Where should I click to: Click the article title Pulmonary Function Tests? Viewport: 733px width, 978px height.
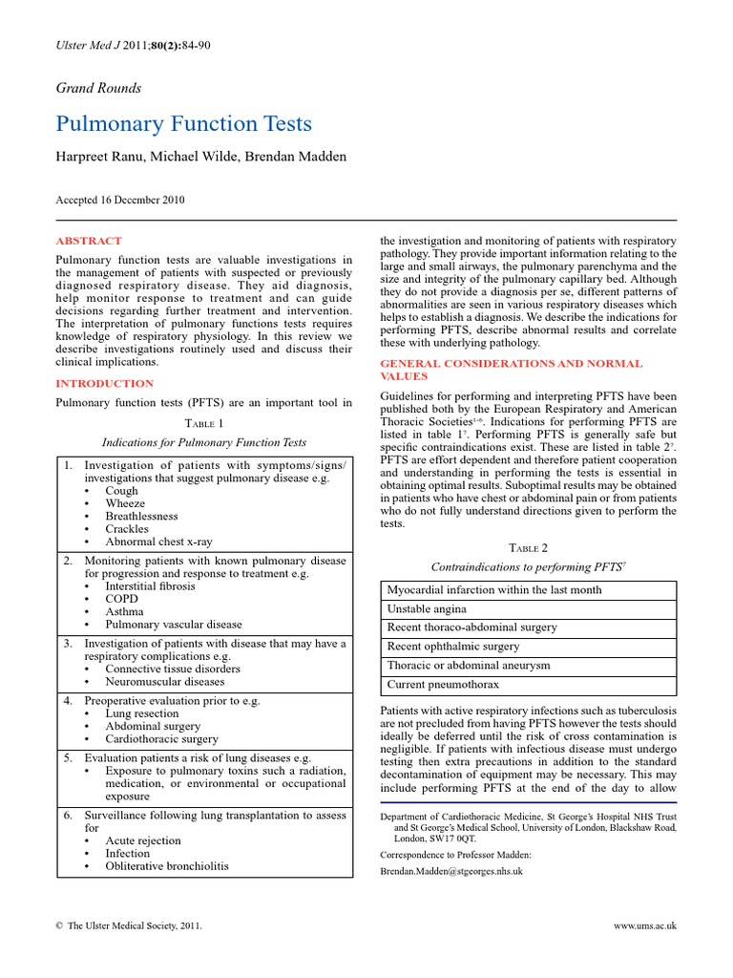pos(184,124)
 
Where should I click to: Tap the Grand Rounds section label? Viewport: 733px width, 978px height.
pos(99,88)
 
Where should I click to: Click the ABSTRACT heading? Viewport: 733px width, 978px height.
pos(89,242)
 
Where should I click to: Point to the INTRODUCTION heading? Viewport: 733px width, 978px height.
pos(106,383)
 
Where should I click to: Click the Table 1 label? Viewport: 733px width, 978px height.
pos(204,423)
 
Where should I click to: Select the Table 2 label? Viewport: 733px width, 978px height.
pos(528,547)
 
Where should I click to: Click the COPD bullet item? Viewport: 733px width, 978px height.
pos(122,599)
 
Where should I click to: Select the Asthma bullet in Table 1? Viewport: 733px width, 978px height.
pos(125,611)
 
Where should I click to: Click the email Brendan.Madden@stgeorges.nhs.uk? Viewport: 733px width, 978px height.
pos(451,871)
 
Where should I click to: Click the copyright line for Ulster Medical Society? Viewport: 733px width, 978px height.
pos(130,926)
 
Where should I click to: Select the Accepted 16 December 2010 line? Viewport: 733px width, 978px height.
pos(121,201)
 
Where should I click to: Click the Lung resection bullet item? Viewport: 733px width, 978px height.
pos(141,713)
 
